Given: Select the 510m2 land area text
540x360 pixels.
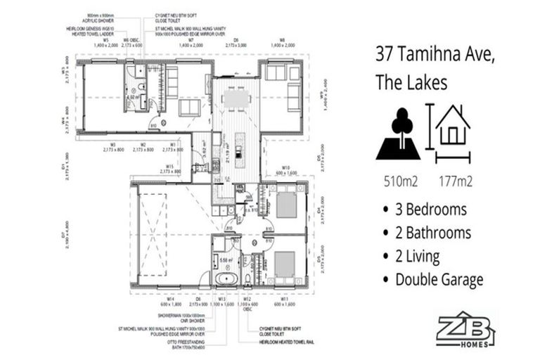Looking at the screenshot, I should click(401, 181).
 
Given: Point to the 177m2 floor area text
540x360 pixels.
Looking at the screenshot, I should click(454, 181).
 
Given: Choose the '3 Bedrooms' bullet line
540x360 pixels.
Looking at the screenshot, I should click(430, 210).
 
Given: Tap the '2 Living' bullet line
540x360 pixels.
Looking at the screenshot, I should click(420, 256).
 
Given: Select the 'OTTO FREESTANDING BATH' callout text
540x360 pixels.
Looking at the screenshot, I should click(190, 342).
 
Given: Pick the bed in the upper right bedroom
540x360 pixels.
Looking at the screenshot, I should click(285, 205).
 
